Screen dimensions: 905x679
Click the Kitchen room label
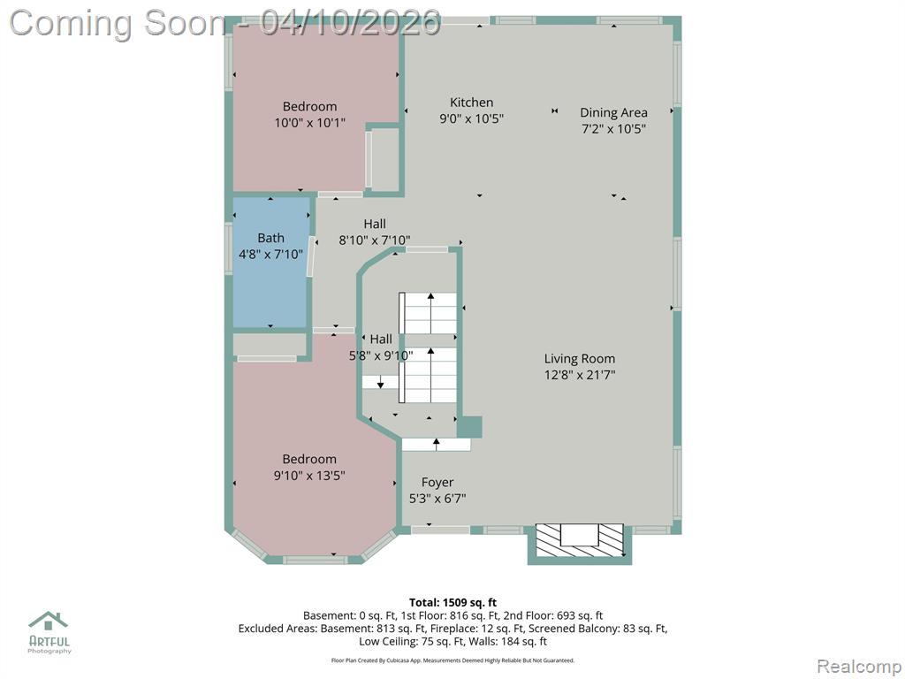(472, 103)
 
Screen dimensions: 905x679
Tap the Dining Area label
(613, 112)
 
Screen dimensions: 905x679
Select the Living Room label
(580, 359)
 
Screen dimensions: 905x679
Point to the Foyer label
(437, 482)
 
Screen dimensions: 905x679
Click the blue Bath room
(270, 263)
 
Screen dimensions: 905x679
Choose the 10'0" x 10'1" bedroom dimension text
(310, 122)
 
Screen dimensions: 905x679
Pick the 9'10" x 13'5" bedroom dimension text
(309, 475)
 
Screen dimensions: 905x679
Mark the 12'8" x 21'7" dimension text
(580, 375)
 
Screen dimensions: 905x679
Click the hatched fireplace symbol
(580, 540)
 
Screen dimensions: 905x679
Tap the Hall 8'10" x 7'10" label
(375, 233)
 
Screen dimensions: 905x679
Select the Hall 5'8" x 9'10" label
(381, 347)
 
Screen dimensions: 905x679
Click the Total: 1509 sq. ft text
(453, 603)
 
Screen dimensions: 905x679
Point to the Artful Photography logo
(49, 632)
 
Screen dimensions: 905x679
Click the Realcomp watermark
(859, 667)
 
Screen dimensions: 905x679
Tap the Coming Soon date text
(225, 23)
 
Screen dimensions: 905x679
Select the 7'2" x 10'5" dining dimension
(613, 129)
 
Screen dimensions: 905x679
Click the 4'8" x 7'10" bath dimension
(270, 254)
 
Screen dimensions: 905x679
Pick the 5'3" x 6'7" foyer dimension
(437, 499)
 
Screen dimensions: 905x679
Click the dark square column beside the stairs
(470, 427)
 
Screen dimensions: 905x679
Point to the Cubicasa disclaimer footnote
(452, 660)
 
